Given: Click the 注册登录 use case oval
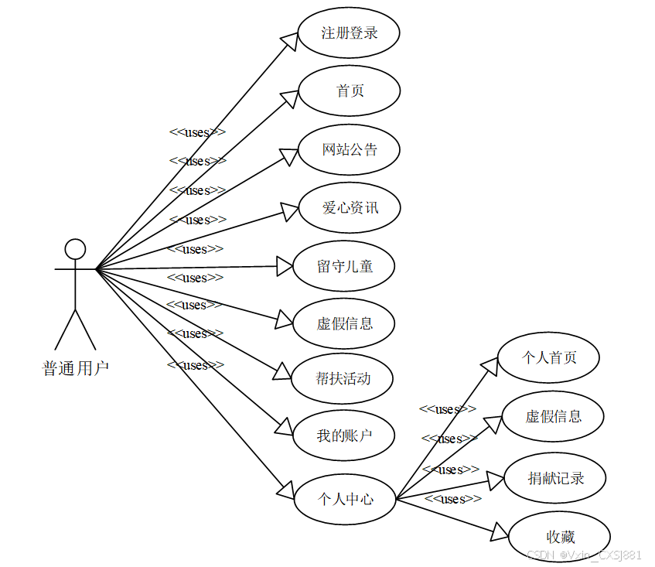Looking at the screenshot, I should (x=349, y=33).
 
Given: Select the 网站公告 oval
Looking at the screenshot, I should (x=349, y=149).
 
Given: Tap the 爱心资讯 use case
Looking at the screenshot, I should (x=349, y=207).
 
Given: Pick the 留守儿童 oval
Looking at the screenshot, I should (x=345, y=266).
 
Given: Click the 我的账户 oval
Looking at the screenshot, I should (x=344, y=435).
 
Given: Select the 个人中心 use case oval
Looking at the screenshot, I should (x=345, y=499).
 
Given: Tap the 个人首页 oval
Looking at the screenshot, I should (x=549, y=357).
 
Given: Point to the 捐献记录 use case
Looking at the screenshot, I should (x=555, y=478).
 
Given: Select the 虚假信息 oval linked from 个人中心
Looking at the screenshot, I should (x=553, y=416).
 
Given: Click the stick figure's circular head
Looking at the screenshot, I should (x=75, y=249).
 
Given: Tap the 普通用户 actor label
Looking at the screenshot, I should (x=75, y=367).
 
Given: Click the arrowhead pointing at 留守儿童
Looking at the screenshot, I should (x=285, y=268).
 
